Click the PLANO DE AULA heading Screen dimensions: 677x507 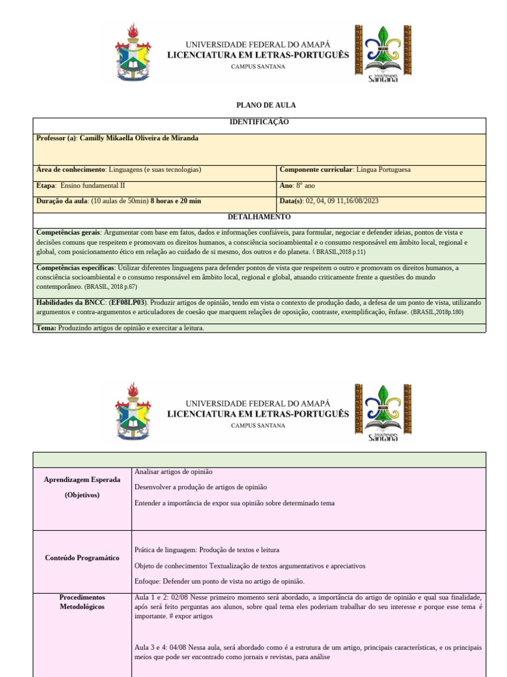click(257, 105)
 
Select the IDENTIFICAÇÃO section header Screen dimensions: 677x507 click(259, 122)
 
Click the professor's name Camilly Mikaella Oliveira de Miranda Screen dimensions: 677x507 click(139, 138)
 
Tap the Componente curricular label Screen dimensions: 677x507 click(316, 169)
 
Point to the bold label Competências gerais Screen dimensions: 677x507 click(68, 233)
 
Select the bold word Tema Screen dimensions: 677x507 click(46, 327)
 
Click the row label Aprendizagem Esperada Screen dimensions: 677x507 click(82, 479)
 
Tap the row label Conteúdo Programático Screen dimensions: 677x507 click(82, 557)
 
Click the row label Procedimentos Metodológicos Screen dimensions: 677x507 click(82, 602)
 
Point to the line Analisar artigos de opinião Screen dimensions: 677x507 click(173, 471)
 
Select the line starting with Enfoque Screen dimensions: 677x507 click(219, 581)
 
